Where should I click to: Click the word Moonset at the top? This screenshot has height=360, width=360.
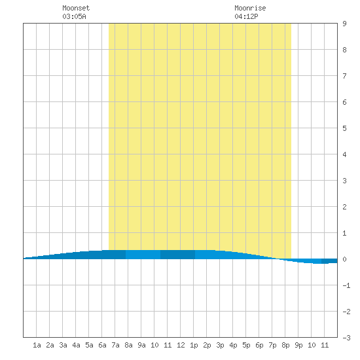pyautogui.click(x=76, y=8)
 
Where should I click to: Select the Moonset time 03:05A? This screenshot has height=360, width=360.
pyautogui.click(x=74, y=16)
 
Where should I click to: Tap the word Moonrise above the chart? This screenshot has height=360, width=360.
pyautogui.click(x=250, y=8)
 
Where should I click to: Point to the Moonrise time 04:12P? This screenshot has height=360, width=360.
pyautogui.click(x=246, y=16)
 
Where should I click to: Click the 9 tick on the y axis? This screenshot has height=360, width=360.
pyautogui.click(x=344, y=24)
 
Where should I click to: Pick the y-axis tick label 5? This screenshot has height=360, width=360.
pyautogui.click(x=344, y=128)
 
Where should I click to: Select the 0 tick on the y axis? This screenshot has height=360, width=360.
pyautogui.click(x=344, y=259)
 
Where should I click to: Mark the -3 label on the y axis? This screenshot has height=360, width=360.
pyautogui.click(x=346, y=338)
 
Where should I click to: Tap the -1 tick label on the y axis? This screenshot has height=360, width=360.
pyautogui.click(x=346, y=285)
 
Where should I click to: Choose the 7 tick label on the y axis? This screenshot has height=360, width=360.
pyautogui.click(x=344, y=76)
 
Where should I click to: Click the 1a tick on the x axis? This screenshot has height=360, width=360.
pyautogui.click(x=37, y=345)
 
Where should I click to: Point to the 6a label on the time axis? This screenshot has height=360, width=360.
pyautogui.click(x=102, y=345)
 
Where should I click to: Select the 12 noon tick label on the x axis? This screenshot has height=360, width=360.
pyautogui.click(x=181, y=345)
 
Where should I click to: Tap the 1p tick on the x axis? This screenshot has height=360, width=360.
pyautogui.click(x=194, y=345)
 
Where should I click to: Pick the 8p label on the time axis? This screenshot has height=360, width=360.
pyautogui.click(x=285, y=345)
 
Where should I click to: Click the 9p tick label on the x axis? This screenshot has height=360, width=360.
pyautogui.click(x=298, y=345)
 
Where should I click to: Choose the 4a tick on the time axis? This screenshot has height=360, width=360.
pyautogui.click(x=76, y=345)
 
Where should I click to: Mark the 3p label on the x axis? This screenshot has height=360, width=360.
pyautogui.click(x=220, y=345)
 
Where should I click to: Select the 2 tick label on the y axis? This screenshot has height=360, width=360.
pyautogui.click(x=344, y=207)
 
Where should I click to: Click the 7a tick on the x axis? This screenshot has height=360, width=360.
pyautogui.click(x=115, y=345)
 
